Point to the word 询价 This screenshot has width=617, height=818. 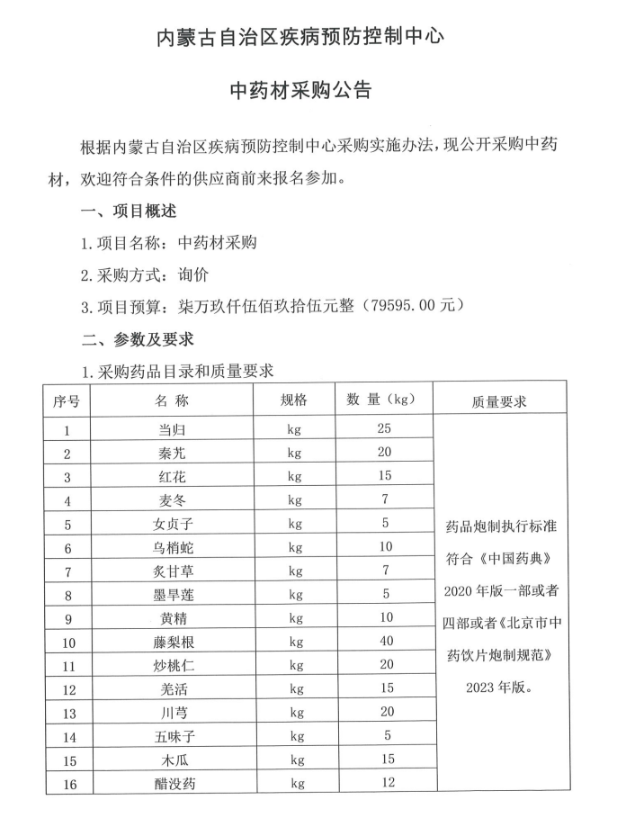coord(193,274)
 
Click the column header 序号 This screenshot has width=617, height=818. coord(67,400)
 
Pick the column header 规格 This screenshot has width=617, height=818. coord(294,400)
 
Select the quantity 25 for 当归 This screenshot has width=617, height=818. coord(384,429)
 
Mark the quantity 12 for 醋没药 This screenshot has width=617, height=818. coord(384,784)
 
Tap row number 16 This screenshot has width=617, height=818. coord(67,784)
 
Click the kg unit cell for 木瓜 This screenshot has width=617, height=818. coord(294,760)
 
